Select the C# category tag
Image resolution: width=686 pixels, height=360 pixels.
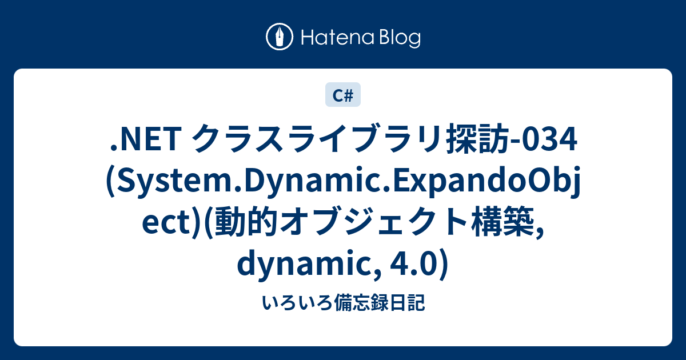(343, 96)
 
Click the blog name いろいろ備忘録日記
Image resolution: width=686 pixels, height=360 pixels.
(343, 303)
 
